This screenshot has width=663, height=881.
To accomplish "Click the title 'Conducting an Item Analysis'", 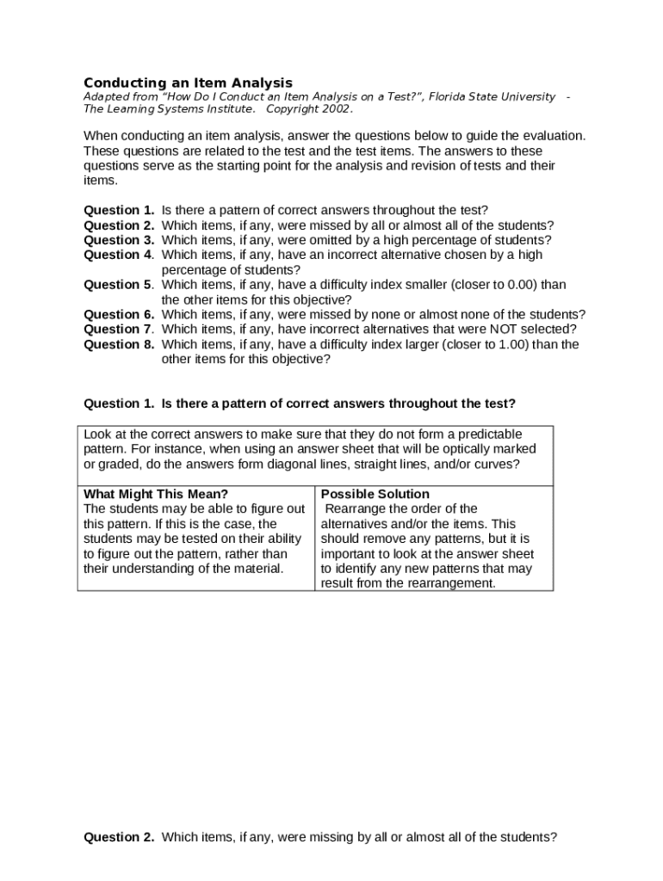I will tap(188, 83).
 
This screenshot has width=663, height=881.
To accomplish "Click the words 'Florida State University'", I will tap(494, 97).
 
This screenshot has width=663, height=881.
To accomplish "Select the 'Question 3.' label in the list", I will tap(119, 240).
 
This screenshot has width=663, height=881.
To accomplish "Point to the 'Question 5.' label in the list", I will tap(119, 285).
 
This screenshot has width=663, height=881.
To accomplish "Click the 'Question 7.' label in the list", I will tap(119, 330).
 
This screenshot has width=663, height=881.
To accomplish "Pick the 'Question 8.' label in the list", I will tap(119, 344).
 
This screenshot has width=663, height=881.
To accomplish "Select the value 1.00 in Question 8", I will tap(506, 344).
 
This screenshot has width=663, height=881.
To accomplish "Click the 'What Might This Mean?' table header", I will tap(156, 494).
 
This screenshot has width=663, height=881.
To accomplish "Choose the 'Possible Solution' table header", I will tap(375, 494).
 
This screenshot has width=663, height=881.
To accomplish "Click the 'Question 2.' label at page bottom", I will tap(119, 837).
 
